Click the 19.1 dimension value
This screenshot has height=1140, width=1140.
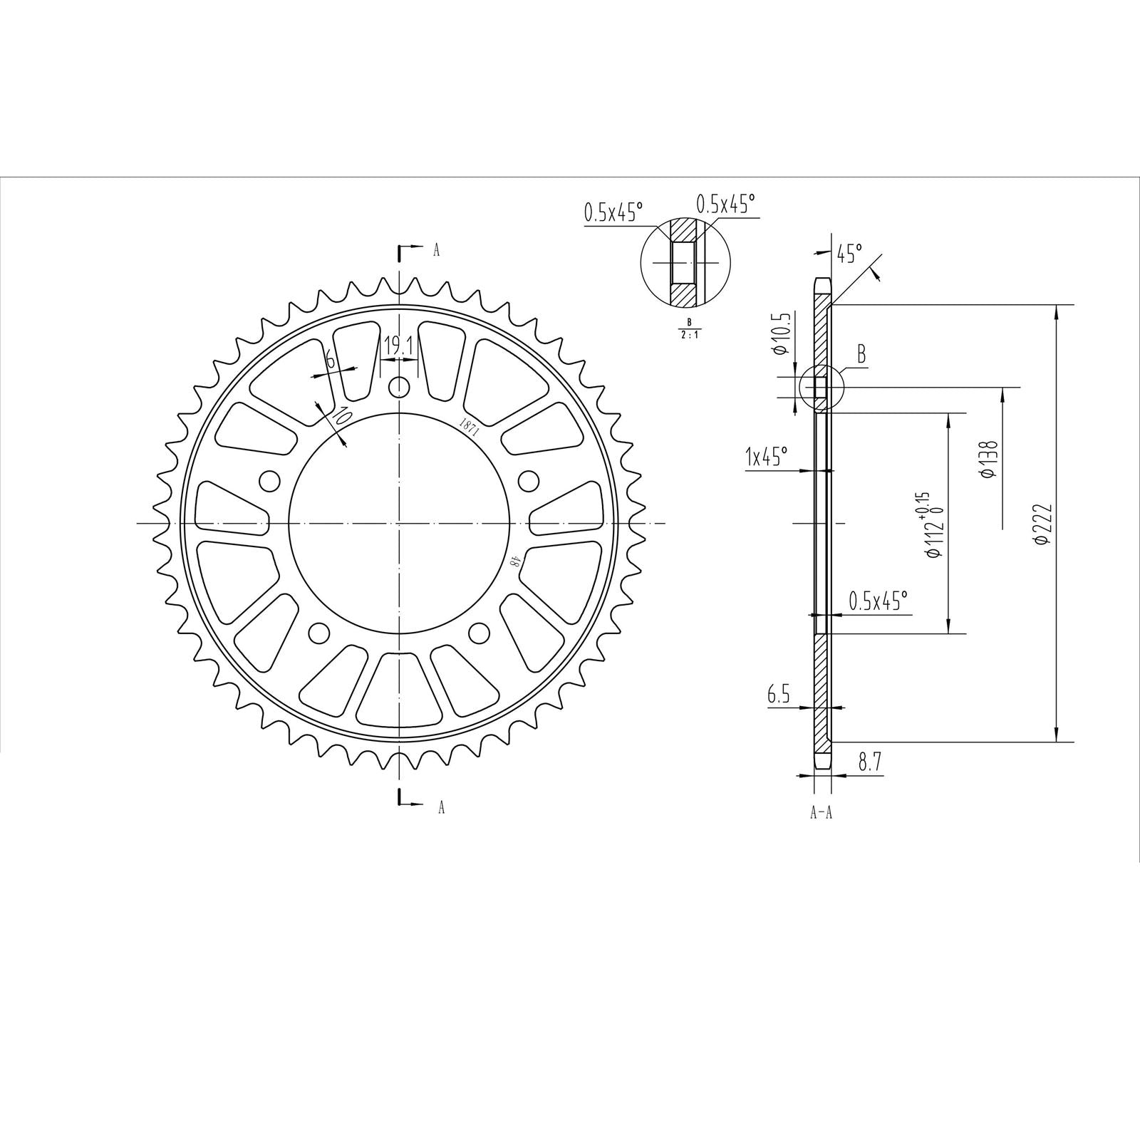point(399,346)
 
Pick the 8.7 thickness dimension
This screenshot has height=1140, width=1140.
point(870,762)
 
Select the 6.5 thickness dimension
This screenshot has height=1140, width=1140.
point(779,695)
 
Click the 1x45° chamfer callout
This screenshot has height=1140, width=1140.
point(766,457)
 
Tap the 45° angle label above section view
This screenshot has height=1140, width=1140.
point(849,253)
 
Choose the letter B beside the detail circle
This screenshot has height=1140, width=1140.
point(861,354)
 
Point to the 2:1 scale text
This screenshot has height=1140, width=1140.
point(689,333)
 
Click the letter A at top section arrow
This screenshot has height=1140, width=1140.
point(436,249)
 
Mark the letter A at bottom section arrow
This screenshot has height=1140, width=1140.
point(441,807)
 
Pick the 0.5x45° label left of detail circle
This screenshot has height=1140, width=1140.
point(613,212)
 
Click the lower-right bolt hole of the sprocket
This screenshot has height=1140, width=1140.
point(480,632)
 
